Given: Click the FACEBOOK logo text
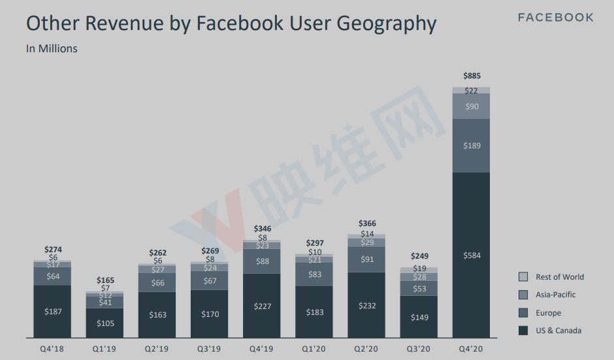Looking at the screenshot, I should coord(556,18).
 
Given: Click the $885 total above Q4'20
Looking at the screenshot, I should coord(471,76).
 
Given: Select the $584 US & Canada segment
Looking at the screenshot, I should coord(471,255).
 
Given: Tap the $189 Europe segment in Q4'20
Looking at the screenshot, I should coord(471,146).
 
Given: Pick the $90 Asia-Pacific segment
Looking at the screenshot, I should coord(471,106).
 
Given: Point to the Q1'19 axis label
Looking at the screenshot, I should coord(105,348).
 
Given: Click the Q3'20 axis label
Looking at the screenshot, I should coord(419,348).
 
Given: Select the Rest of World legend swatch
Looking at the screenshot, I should coord(523,277).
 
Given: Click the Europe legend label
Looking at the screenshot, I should coord(548,313).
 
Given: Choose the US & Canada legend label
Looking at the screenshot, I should coord(558,331).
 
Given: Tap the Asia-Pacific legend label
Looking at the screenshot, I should coord(555,295).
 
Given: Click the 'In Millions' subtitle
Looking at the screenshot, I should coord(52,49).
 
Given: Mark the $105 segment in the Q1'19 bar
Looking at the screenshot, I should coord(105,323).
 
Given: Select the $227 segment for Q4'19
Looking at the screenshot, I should coord(262,305).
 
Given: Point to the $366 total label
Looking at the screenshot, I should coord(366,223).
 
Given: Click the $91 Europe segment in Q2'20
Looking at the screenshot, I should coord(366,259).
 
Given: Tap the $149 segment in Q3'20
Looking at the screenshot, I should coord(419,318).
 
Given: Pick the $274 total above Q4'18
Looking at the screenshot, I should coord(53,250).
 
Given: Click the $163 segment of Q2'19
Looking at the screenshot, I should coord(157,315).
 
